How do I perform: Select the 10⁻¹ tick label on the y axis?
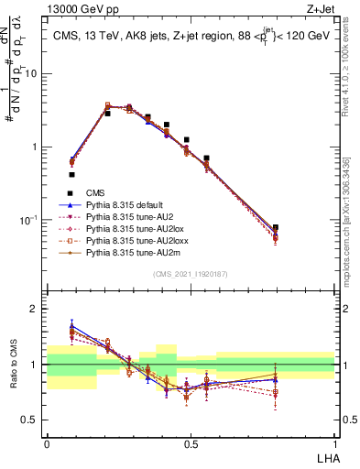[30, 221]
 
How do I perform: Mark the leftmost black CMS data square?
[71, 174]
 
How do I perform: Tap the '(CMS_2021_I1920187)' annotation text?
[190, 275]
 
